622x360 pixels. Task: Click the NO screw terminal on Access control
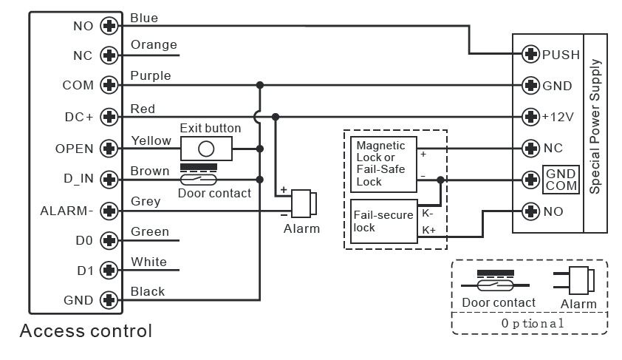[109, 26]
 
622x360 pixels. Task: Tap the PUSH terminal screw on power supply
[530, 54]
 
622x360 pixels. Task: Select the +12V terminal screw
[530, 117]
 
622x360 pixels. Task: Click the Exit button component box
[207, 147]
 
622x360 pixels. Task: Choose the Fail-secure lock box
[383, 221]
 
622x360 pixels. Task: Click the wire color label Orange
[154, 45]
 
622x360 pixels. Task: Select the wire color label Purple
[150, 75]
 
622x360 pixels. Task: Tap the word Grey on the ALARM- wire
[146, 201]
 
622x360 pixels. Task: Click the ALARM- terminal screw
[109, 211]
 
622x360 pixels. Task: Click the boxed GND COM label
[561, 180]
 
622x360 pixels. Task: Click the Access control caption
[86, 330]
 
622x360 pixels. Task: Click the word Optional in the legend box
[532, 323]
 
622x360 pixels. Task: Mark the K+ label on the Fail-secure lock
[428, 231]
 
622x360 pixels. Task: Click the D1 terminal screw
[109, 271]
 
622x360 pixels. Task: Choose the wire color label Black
[147, 291]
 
